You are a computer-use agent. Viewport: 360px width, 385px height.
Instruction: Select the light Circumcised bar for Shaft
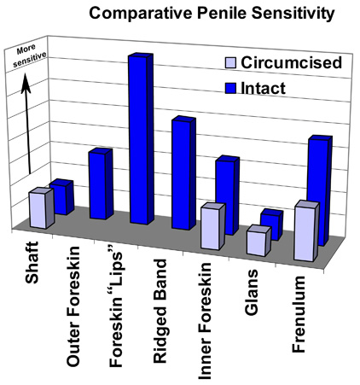point(40,209)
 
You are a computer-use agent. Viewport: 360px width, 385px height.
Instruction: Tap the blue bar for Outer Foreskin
point(100,184)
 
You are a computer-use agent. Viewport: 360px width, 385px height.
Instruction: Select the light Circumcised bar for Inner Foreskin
point(213,227)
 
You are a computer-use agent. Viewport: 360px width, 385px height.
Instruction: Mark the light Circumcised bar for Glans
point(258,241)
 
